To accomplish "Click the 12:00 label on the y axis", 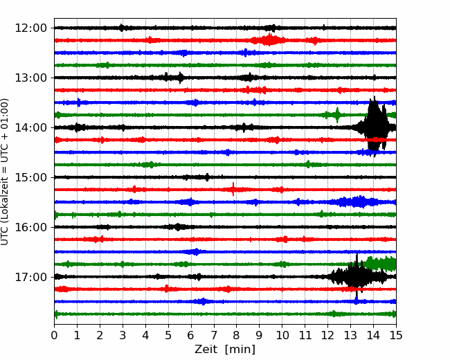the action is tap(31, 28).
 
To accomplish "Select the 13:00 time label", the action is tap(31, 78).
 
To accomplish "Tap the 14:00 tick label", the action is tap(31, 127).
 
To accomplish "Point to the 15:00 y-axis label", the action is tap(31, 177).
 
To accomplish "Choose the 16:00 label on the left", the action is tap(31, 227).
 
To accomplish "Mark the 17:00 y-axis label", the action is tap(31, 277).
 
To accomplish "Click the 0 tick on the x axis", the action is tap(54, 335).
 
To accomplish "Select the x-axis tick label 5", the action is tap(168, 335).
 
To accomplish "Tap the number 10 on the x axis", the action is tap(282, 335).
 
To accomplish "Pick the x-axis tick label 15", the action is tap(396, 335).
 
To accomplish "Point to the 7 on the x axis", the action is tap(214, 335).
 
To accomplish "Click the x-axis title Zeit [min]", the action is tap(225, 350).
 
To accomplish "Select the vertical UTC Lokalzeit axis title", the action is tap(5, 172).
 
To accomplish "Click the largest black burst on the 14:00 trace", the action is tap(375, 126).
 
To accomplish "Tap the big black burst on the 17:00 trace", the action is tap(357, 276).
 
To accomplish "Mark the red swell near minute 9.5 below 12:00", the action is tap(269, 40).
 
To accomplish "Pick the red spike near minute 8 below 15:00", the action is tap(233, 189).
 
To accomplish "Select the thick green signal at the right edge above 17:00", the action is tap(380, 264).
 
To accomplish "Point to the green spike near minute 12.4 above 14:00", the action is tap(337, 115).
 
